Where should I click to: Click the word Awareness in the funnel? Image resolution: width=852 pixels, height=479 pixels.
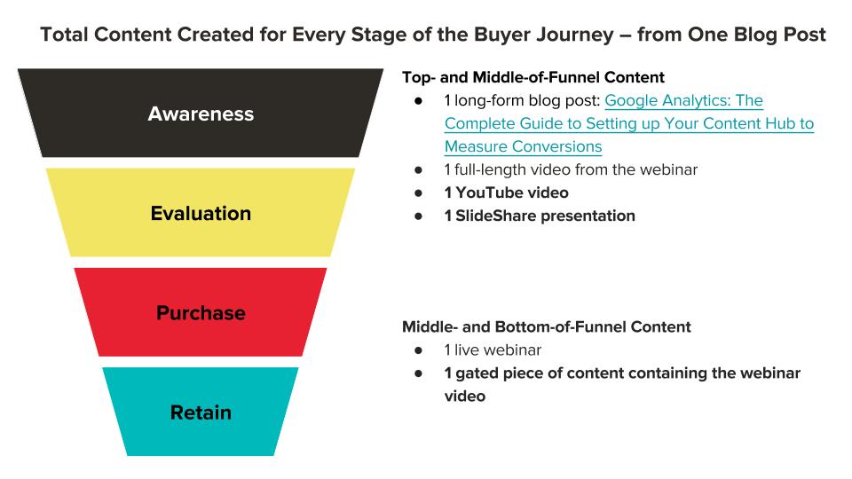[201, 114]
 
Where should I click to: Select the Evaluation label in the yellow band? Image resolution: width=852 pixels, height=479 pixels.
[201, 214]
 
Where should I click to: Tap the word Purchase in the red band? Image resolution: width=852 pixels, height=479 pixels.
[201, 313]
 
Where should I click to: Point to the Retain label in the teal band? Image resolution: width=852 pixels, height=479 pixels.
[201, 412]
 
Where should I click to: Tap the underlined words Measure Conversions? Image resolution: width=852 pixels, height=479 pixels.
[523, 146]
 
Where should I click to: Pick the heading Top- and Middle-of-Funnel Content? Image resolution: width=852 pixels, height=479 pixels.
[533, 77]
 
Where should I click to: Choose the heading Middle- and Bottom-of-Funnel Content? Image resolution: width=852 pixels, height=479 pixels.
[546, 326]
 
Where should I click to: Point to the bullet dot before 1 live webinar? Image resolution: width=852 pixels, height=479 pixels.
[418, 350]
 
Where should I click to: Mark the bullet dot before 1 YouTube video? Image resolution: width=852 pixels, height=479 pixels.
[418, 192]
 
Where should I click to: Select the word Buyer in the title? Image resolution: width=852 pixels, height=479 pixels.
[502, 35]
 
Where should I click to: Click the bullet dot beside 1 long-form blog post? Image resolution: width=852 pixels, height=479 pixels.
[418, 101]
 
